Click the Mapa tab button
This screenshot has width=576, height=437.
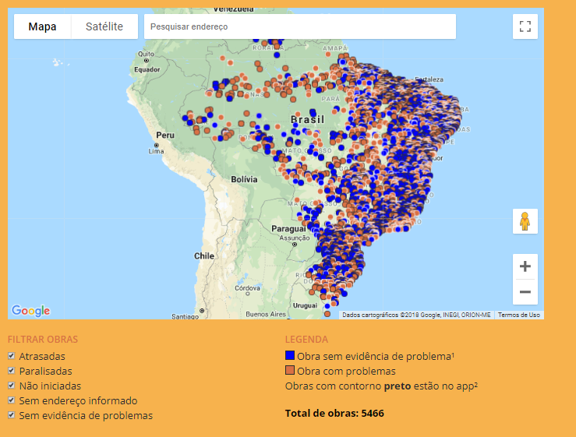[x=43, y=26]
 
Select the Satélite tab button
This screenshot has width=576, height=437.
[x=104, y=26]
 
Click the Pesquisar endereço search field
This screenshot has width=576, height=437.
[x=299, y=26]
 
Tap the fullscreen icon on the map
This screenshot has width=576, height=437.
[x=525, y=26]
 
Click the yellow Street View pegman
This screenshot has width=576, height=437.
[x=525, y=221]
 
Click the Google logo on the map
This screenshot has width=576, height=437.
[x=31, y=311]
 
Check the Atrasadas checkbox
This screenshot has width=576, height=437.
[x=12, y=356]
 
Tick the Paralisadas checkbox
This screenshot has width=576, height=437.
[x=12, y=371]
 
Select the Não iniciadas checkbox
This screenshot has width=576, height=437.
[x=12, y=386]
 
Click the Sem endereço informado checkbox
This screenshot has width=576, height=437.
[x=12, y=400]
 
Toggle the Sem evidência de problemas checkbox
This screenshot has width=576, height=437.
[x=12, y=415]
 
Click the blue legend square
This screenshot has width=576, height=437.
[x=290, y=356]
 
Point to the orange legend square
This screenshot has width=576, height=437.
[x=290, y=371]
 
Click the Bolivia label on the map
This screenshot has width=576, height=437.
[x=243, y=179]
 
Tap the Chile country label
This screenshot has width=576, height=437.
[x=204, y=256]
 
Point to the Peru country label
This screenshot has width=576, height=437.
[x=164, y=135]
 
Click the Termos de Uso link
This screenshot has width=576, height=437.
[x=518, y=315]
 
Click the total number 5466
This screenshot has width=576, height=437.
[x=373, y=413]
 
